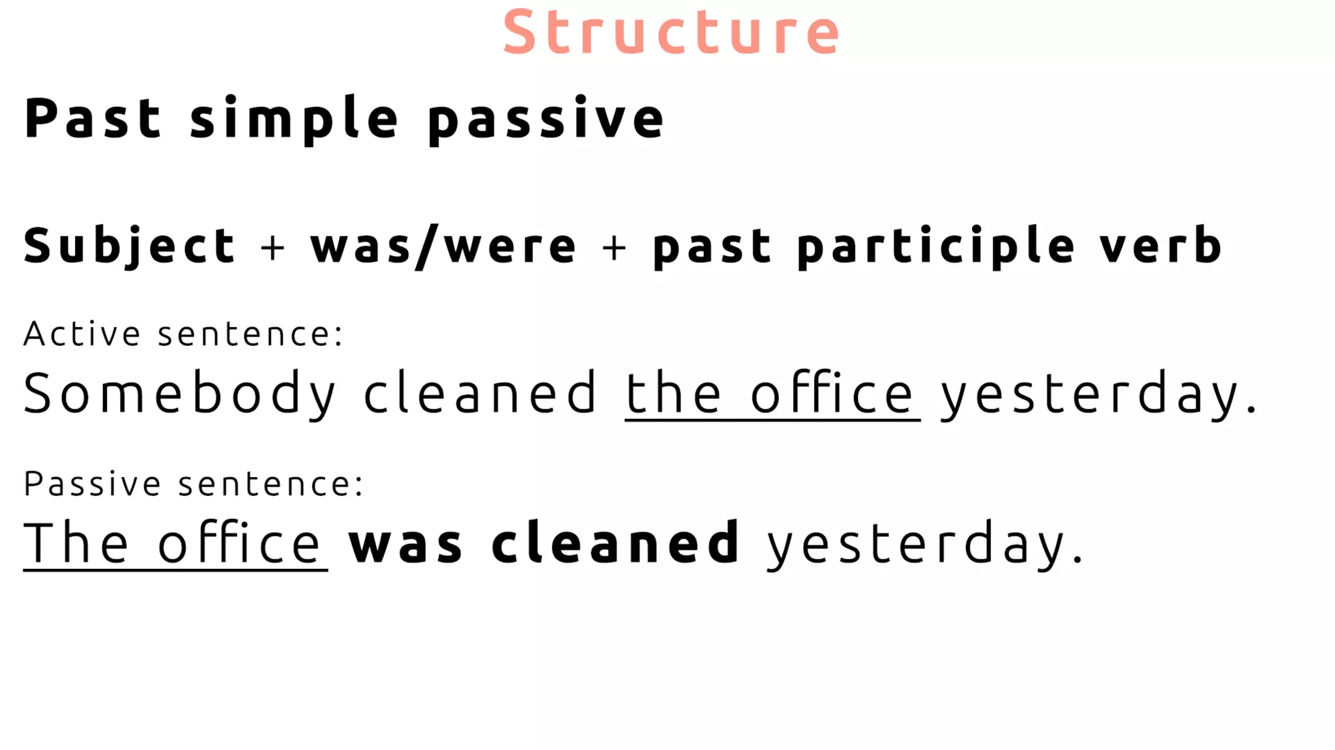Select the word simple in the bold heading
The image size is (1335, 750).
coord(294,119)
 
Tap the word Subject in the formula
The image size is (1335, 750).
coord(129,246)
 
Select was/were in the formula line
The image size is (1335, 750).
coord(443,246)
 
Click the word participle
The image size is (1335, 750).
coord(935,246)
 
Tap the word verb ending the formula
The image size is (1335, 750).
coord(1160,246)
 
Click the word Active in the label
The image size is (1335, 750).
coord(82,334)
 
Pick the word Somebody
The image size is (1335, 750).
coord(179,394)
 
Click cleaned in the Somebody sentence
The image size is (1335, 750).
coord(480,393)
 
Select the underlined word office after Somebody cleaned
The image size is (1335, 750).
coord(832,393)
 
